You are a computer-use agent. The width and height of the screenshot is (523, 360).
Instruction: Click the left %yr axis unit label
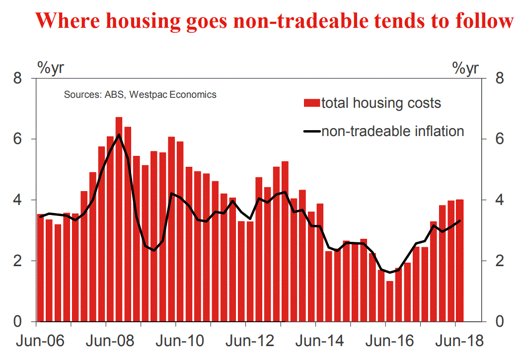[50, 67]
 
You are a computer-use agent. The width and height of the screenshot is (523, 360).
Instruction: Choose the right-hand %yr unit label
[465, 68]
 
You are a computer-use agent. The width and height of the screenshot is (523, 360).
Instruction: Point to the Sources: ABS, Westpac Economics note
[140, 94]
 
